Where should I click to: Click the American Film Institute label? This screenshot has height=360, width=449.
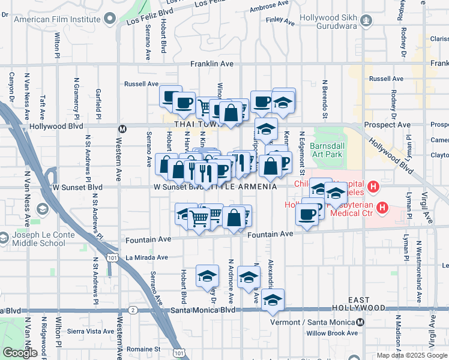pyautogui.click(x=57, y=19)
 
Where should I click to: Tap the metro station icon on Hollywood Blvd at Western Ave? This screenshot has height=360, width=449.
pyautogui.click(x=122, y=128)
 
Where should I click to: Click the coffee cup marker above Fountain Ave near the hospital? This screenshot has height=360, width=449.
pyautogui.click(x=309, y=214)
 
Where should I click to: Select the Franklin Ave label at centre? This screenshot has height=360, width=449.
pyautogui.click(x=211, y=64)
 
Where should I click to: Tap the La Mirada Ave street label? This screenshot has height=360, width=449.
pyautogui.click(x=146, y=257)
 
